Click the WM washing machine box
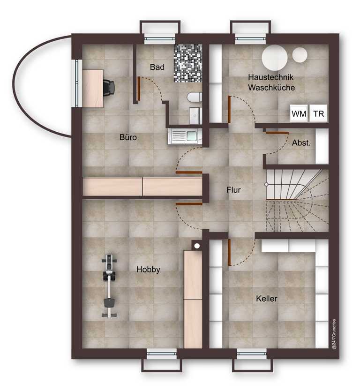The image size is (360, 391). coord(299,113)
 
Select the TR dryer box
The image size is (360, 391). coord(318,113)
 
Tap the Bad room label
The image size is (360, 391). coord(157,67)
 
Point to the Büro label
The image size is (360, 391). coord(128,137)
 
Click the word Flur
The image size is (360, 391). coord(233,190)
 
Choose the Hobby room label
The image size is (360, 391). coord(148,269)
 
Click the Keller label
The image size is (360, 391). coord(267,298)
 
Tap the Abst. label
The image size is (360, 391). coord(301,143)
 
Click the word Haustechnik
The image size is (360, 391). coord(271,77)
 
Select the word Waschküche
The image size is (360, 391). coord(271,88)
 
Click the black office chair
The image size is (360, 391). coord(109,87)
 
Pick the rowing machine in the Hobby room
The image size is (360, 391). coord(109,286)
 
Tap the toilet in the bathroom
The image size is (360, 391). coord(195,97)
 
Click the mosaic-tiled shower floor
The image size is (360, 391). coord(187,63)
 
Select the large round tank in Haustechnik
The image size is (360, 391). coord(275,58)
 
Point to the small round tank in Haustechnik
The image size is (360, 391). coord(300,55)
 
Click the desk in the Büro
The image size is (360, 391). coord(93,89)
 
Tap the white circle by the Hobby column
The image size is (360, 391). coord(197,246)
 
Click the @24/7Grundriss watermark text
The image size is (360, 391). coord(334,334)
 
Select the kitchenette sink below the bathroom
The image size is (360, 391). coord(185,136)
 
